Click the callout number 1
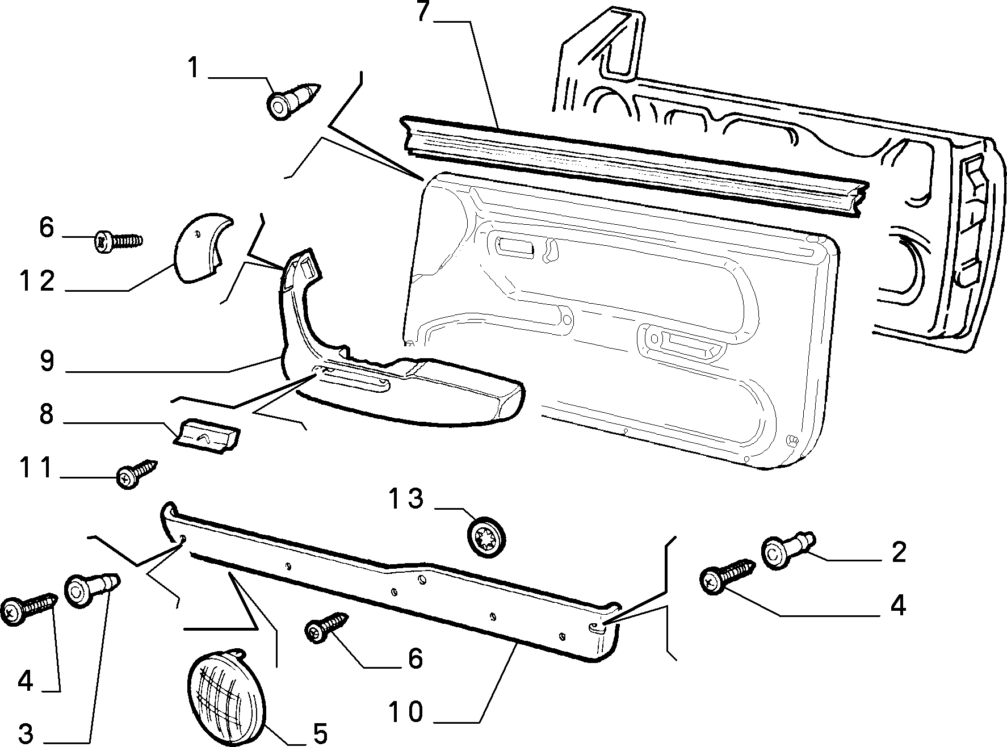[x=194, y=69]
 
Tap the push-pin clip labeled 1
[x=292, y=100]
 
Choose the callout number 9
[x=47, y=361]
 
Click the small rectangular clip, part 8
[x=205, y=435]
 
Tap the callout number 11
[x=35, y=468]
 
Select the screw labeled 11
[x=136, y=475]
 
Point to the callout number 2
[x=899, y=552]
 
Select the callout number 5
[x=320, y=734]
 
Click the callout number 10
[x=406, y=712]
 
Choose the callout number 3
[x=25, y=733]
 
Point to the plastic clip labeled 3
[x=93, y=590]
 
